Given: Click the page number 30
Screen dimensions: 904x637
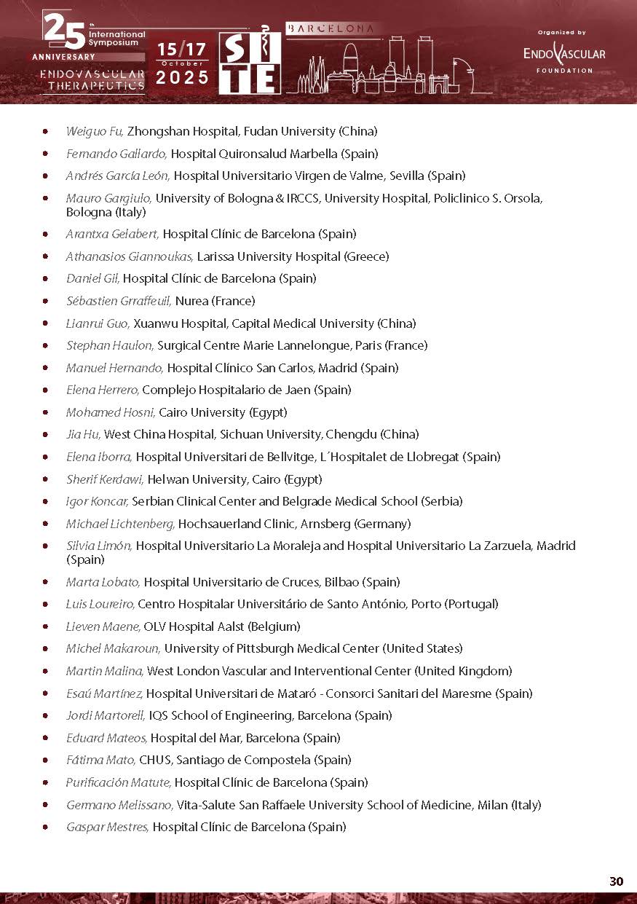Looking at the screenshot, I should pyautogui.click(x=616, y=881).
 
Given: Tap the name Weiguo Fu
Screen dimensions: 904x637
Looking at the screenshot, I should pyautogui.click(x=95, y=132).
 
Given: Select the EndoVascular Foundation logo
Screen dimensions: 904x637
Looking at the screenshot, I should pyautogui.click(x=563, y=54).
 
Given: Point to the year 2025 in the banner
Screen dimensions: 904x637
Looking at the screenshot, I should pyautogui.click(x=182, y=77).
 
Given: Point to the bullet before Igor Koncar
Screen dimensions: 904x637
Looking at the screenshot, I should pyautogui.click(x=47, y=501).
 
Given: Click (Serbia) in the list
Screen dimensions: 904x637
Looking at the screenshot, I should pyautogui.click(x=442, y=501).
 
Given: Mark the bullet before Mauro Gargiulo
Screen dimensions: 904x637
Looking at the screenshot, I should pyautogui.click(x=47, y=198).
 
